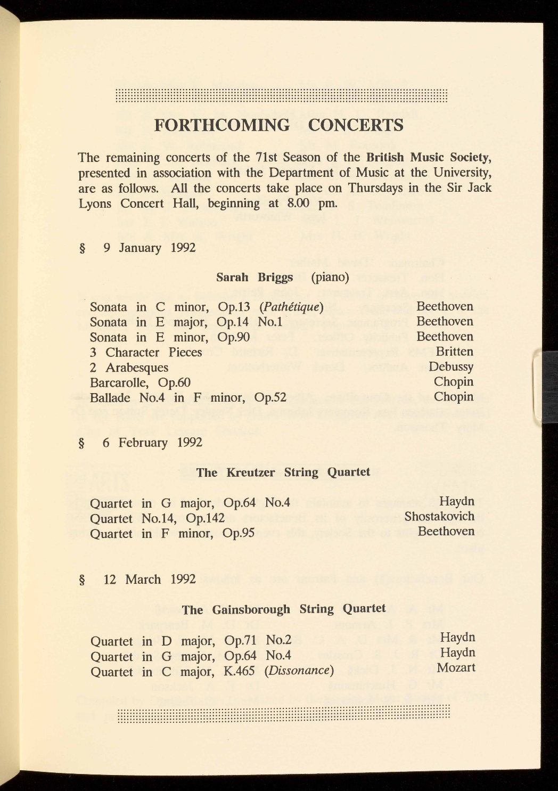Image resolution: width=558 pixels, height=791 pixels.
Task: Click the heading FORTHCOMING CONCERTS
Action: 278,125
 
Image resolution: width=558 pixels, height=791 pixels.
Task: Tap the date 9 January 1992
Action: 150,248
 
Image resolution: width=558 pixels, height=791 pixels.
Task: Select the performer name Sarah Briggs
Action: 255,278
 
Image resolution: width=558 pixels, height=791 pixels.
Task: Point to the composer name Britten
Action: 454,352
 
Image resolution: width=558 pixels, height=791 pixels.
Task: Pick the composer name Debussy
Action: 450,366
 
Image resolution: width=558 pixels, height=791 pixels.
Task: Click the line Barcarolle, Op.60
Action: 140,382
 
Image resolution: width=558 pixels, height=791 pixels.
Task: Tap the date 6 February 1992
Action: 152,443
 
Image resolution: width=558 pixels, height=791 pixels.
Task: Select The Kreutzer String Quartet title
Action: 283,472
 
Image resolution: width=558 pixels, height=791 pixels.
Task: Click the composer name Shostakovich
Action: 439,516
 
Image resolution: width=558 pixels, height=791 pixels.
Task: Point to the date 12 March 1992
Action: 150,580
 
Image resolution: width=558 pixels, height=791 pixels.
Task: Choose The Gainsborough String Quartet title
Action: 284,609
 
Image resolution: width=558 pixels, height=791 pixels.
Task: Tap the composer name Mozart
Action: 456,667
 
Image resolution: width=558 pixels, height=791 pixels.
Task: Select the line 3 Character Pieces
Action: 146,353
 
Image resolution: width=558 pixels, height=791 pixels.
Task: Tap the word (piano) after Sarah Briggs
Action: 330,278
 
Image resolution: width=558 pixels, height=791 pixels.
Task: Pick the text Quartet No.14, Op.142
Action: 157,518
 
